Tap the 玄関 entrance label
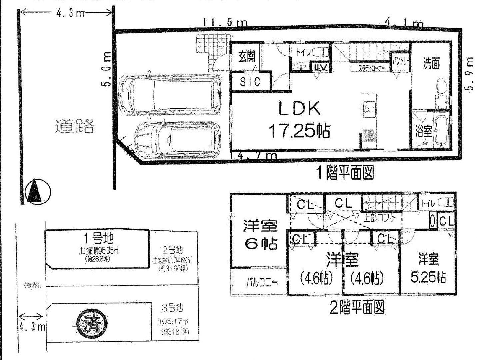(x=246, y=57)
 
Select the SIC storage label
(x=250, y=82)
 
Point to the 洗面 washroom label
(x=431, y=63)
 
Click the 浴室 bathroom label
(x=423, y=131)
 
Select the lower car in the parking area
(x=177, y=139)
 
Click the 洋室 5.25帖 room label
(x=428, y=268)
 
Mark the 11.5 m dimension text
(x=225, y=23)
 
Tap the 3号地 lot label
(x=172, y=308)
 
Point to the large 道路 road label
(x=75, y=126)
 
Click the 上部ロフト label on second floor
(x=380, y=218)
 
